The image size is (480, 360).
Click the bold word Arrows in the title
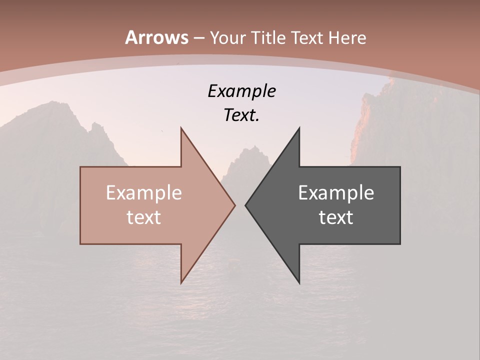pyautogui.click(x=157, y=37)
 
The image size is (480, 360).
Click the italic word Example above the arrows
pyautogui.click(x=241, y=91)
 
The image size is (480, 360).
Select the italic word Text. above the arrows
pyautogui.click(x=241, y=115)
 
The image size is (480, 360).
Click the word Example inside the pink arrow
pyautogui.click(x=144, y=193)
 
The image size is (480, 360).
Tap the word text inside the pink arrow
pyautogui.click(x=144, y=217)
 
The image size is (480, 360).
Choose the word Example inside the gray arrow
pyautogui.click(x=336, y=193)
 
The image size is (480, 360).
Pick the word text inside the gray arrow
pyautogui.click(x=336, y=217)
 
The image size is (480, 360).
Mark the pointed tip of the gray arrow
pyautogui.click(x=246, y=205)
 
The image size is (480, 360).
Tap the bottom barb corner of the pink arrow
pyautogui.click(x=181, y=282)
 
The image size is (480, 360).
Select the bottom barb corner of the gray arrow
pyautogui.click(x=299, y=282)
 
